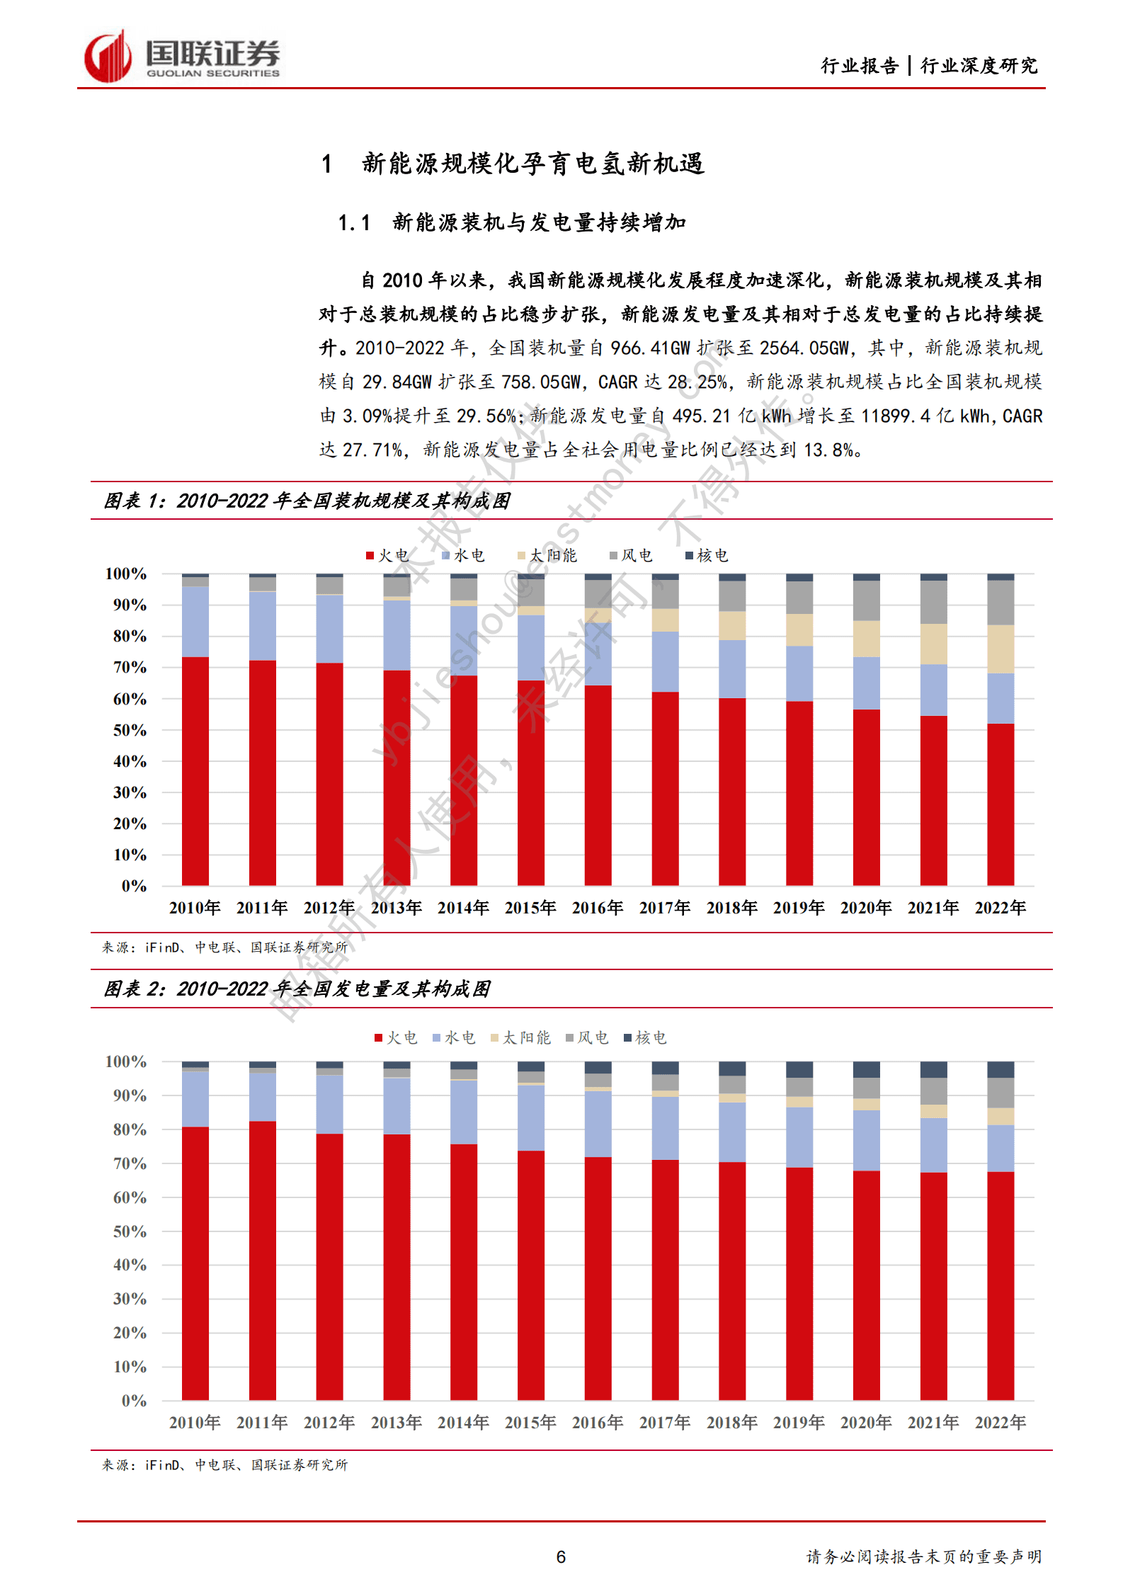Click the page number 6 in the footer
pos(561,1556)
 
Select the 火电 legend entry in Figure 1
pos(387,555)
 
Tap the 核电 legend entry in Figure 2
pos(645,1037)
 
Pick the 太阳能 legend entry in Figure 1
pos(547,555)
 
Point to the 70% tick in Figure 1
pos(130,667)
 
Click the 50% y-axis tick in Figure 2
pos(130,1231)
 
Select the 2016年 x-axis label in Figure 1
pos(598,907)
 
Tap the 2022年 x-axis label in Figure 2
pos(1000,1422)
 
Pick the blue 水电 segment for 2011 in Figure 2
pos(263,1096)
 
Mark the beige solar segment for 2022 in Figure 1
pos(1001,649)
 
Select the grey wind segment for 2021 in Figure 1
pos(933,602)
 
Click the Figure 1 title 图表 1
pos(307,501)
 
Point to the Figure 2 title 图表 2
pos(297,989)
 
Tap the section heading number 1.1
pos(354,223)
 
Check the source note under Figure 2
pos(225,1464)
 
